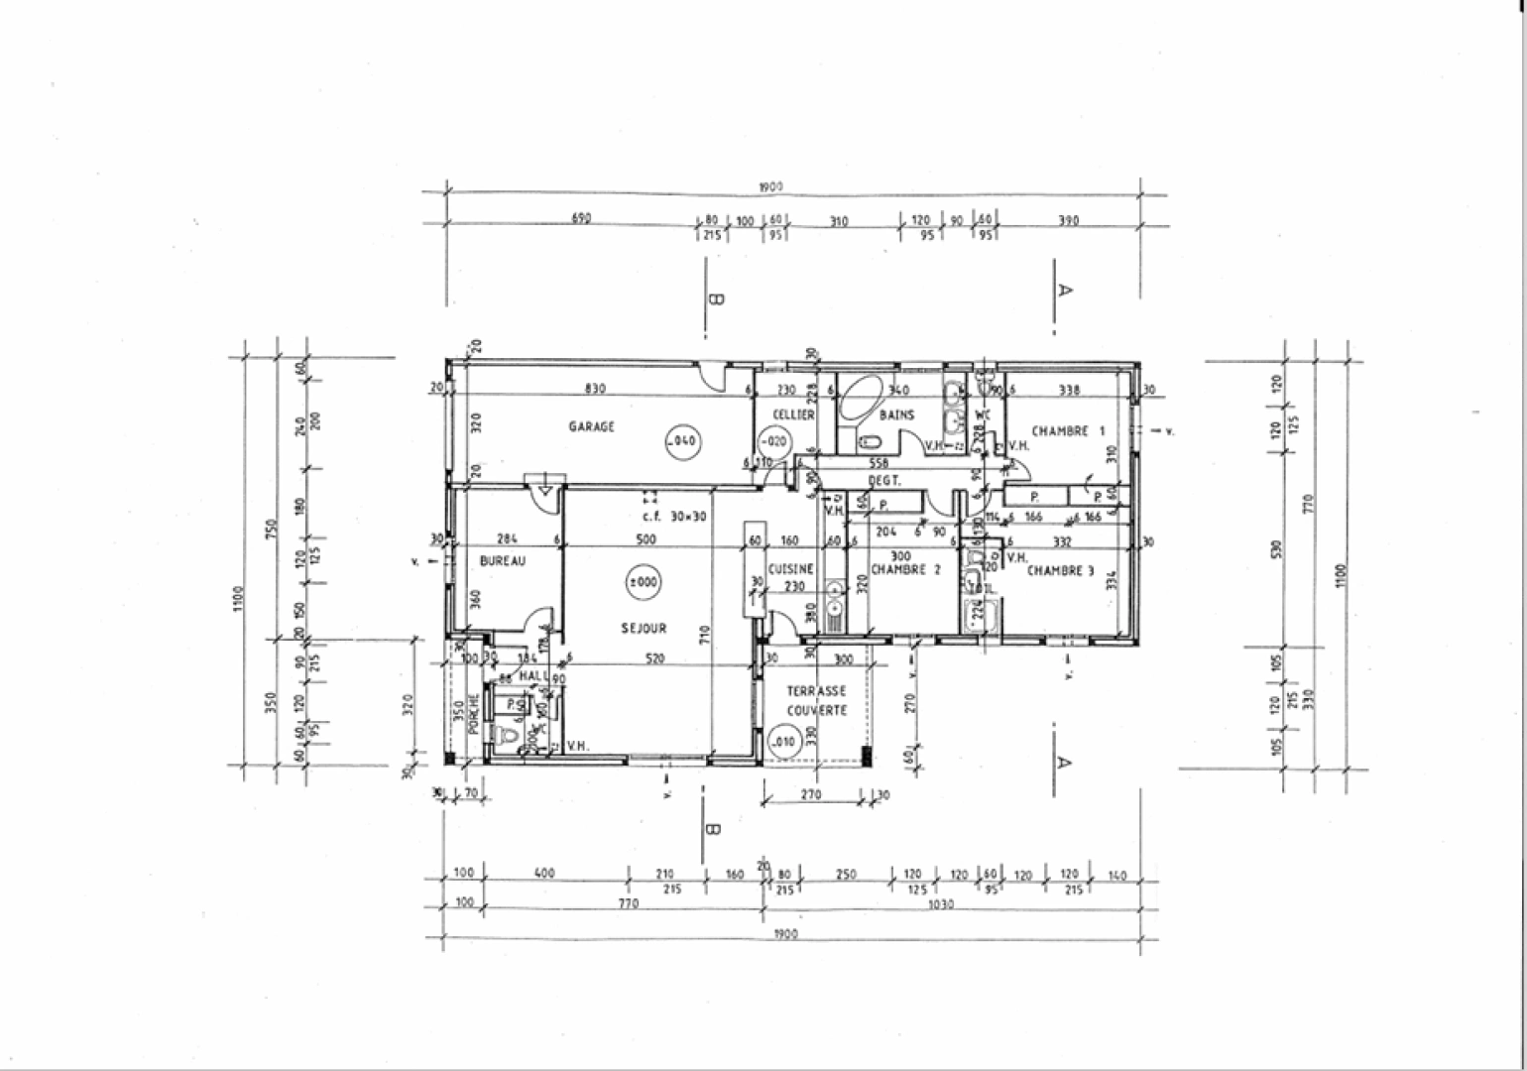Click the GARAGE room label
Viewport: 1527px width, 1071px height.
coord(591,426)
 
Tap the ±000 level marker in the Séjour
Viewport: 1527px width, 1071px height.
coord(643,583)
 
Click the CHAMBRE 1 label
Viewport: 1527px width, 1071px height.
coord(1067,431)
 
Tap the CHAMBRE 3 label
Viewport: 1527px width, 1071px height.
coord(1060,571)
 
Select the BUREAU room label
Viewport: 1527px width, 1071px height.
coord(502,561)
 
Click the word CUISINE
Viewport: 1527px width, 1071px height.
coord(790,569)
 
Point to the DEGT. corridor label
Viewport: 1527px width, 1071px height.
coord(883,481)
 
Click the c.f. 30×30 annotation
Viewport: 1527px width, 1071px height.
coord(673,516)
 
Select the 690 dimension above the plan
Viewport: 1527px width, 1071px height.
coord(581,219)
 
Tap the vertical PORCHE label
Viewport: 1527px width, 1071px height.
coord(473,711)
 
